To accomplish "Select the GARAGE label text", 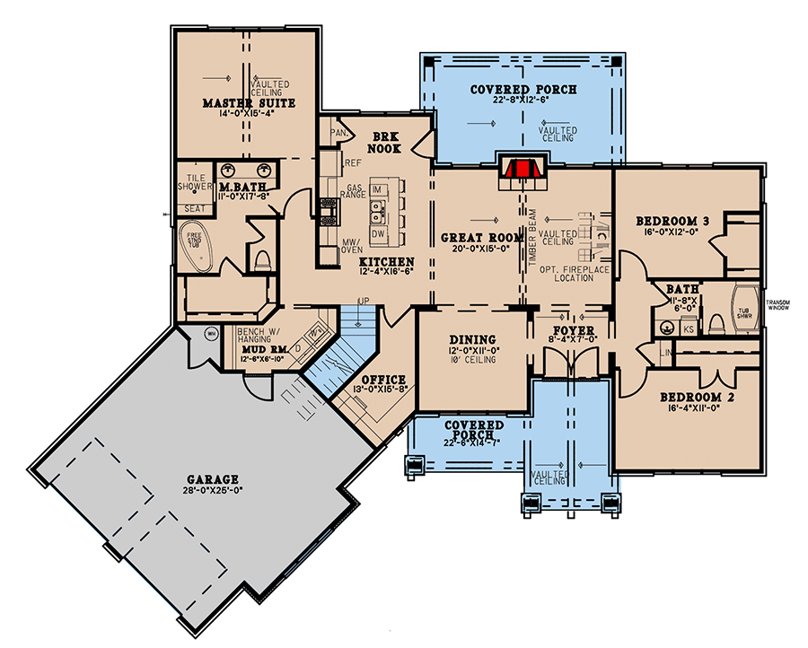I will click(213, 479).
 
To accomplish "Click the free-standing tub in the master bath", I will click(195, 244).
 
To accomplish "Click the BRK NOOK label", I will click(391, 143).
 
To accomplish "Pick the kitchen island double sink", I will click(378, 215).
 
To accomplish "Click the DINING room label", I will click(471, 339).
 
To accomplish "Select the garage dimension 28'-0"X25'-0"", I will click(213, 492).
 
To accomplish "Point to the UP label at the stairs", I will click(364, 300).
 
